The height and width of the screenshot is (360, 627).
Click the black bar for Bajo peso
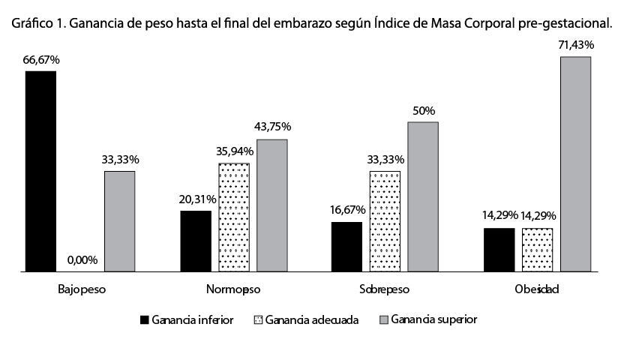pyautogui.click(x=40, y=171)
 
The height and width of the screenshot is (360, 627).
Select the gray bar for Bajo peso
pyautogui.click(x=119, y=221)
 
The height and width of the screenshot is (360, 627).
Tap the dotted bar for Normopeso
pyautogui.click(x=234, y=217)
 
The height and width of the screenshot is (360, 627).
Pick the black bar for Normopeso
pyautogui.click(x=196, y=241)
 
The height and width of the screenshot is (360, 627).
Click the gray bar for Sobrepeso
pyautogui.click(x=423, y=196)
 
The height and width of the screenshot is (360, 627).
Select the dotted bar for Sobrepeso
pyautogui.click(x=385, y=221)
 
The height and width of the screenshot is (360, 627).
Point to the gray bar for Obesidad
pyautogui.click(x=576, y=163)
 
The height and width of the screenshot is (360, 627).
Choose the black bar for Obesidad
pyautogui.click(x=499, y=249)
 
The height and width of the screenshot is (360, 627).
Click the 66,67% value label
pyautogui.click(x=41, y=58)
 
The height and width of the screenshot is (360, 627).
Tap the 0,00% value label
pyautogui.click(x=82, y=260)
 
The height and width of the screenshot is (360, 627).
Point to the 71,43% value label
pyautogui.click(x=576, y=45)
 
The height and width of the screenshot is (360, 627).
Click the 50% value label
pyautogui.click(x=423, y=110)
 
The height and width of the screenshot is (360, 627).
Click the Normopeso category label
pyautogui.click(x=233, y=289)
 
